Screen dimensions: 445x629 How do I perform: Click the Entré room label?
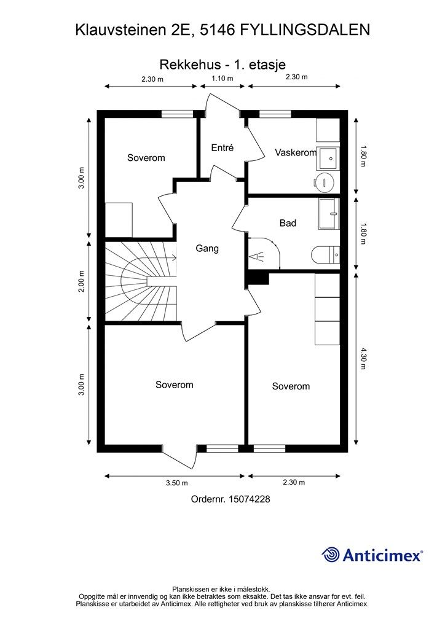click(x=222, y=147)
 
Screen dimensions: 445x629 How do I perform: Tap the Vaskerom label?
click(x=296, y=152)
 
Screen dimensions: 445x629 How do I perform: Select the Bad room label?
click(x=288, y=223)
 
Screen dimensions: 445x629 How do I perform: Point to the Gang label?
click(x=207, y=248)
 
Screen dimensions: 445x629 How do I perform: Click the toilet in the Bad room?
click(x=325, y=255)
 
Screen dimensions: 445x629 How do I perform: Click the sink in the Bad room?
click(x=329, y=213)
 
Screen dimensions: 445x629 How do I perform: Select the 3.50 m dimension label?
click(x=177, y=483)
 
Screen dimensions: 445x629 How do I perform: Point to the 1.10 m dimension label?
click(x=222, y=78)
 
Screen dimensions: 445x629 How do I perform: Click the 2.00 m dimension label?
click(x=82, y=281)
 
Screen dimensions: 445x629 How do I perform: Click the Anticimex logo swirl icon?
click(x=331, y=555)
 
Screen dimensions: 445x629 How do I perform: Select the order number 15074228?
click(x=249, y=499)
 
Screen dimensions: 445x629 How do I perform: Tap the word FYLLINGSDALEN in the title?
click(x=305, y=29)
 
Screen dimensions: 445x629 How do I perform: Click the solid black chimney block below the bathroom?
click(x=258, y=278)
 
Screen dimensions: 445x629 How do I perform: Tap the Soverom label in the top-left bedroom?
click(x=146, y=158)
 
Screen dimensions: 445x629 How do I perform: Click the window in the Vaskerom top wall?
click(x=275, y=114)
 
